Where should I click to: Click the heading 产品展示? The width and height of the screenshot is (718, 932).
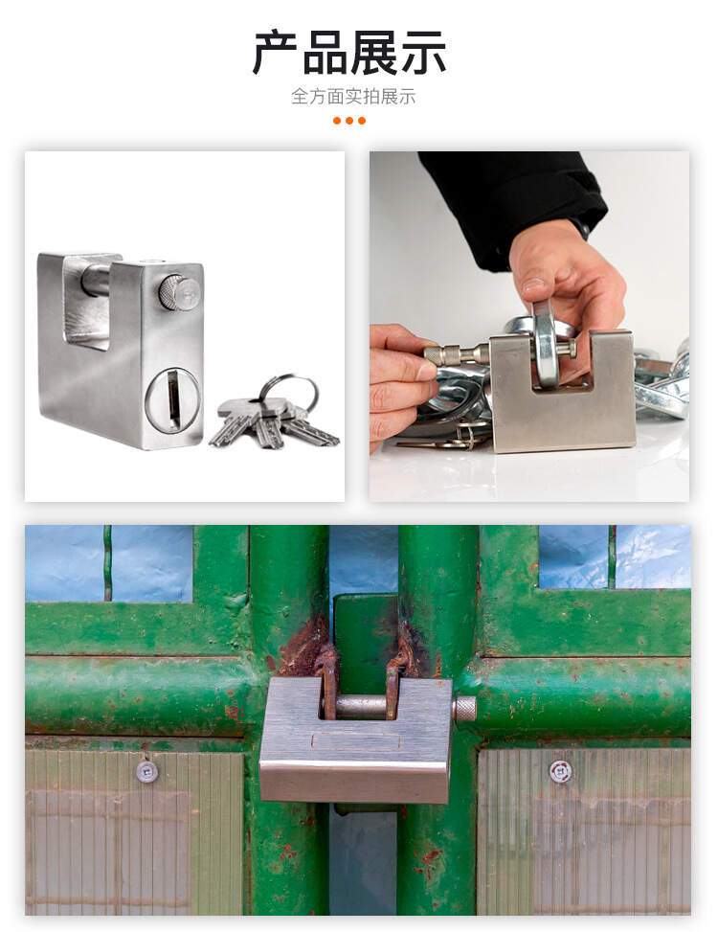point(349,54)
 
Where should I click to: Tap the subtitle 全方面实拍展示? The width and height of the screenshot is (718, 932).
point(353,97)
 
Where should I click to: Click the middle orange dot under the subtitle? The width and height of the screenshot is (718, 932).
point(349,121)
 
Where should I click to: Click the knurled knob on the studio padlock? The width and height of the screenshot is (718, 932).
point(179,292)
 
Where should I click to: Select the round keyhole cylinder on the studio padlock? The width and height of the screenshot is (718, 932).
point(172,400)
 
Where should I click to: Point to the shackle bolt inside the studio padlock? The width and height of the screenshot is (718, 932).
point(96,280)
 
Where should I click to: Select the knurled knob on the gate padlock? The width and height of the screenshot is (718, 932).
point(465,709)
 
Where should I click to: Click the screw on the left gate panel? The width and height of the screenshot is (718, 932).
point(146,772)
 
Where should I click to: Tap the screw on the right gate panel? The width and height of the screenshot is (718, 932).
point(560,771)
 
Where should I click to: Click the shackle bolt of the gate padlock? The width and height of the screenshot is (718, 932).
point(361,706)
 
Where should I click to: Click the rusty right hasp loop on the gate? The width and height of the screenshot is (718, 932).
point(395,677)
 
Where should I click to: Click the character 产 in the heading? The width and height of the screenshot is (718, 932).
point(276,54)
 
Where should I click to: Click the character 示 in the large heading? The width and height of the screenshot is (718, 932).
point(423,54)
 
